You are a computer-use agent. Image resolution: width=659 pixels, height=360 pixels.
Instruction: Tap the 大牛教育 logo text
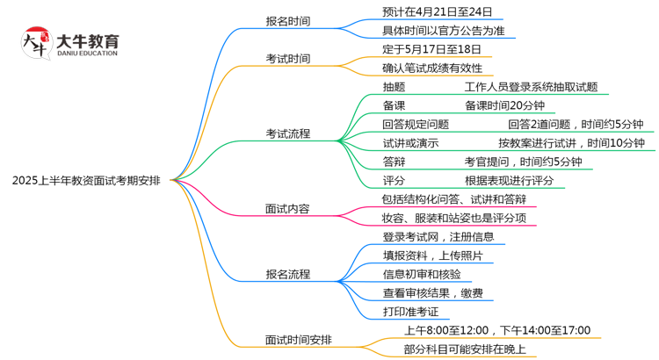(87, 41)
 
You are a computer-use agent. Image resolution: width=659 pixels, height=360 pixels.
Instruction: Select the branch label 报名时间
(287, 20)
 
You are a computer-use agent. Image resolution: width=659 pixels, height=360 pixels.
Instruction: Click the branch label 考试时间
(287, 58)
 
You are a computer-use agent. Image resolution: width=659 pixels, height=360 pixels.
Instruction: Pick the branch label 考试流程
(287, 133)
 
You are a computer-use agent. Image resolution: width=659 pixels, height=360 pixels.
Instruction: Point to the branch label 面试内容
(287, 209)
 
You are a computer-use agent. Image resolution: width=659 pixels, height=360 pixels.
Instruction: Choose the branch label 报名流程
(287, 274)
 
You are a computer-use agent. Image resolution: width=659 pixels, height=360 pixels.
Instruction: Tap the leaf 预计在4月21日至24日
(438, 12)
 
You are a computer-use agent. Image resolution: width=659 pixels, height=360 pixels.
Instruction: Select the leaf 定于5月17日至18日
(432, 49)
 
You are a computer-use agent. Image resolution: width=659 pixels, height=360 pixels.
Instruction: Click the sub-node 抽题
(394, 87)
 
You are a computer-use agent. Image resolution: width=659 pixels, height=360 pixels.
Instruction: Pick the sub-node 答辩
(394, 162)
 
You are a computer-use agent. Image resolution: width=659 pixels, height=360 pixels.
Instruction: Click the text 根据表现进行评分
(509, 180)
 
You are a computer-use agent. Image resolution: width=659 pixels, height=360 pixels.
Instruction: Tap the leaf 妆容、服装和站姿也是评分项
(453, 218)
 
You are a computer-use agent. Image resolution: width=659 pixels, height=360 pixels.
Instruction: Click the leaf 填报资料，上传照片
(431, 256)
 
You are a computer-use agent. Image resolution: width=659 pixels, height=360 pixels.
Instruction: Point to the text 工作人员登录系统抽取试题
(531, 87)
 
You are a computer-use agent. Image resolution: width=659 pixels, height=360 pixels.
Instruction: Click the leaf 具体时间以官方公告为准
(443, 31)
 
